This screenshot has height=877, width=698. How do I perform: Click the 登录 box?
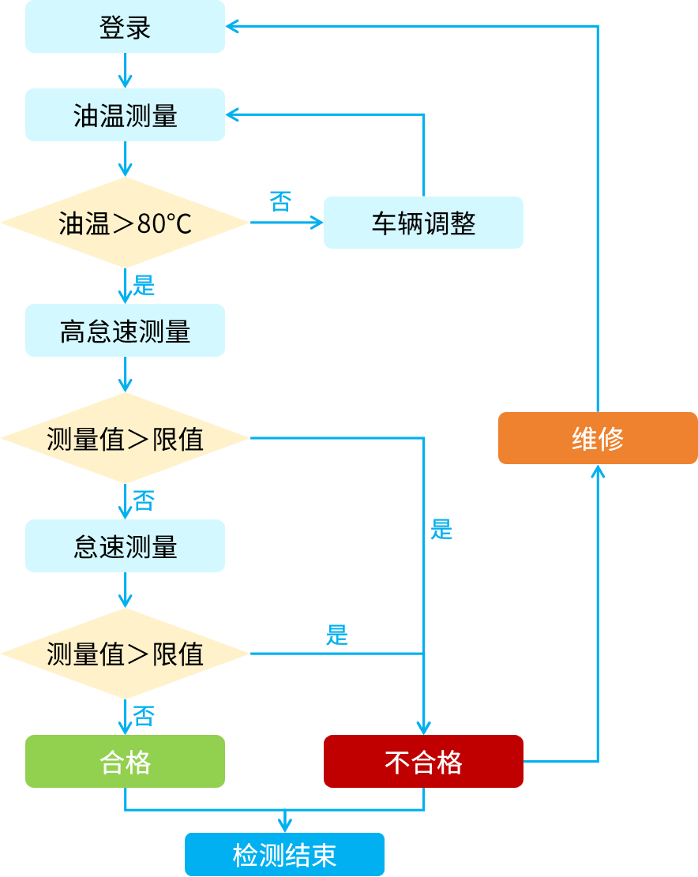[125, 27]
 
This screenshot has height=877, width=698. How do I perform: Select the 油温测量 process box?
[125, 115]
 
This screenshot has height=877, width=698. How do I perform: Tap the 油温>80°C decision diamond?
[125, 223]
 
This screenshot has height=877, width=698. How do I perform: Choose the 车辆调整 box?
[423, 223]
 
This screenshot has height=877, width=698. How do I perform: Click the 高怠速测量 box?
[125, 331]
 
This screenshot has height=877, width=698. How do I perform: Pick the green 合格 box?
[125, 762]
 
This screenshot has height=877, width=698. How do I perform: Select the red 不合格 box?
[423, 762]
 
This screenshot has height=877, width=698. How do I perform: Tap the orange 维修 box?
[598, 438]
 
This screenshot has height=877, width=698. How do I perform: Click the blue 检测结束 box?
[284, 855]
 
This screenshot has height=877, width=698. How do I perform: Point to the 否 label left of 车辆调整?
[280, 201]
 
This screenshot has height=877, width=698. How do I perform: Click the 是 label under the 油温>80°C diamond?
[144, 285]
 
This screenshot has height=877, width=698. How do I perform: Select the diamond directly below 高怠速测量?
[125, 438]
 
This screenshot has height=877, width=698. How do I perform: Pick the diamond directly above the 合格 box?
[125, 654]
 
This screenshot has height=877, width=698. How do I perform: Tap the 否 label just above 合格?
[144, 716]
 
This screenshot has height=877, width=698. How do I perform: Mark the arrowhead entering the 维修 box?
[598, 471]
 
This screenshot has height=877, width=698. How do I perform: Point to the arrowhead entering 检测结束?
[284, 826]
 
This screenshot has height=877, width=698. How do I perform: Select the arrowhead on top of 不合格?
[424, 728]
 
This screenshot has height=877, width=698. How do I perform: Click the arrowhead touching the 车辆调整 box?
[317, 223]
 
